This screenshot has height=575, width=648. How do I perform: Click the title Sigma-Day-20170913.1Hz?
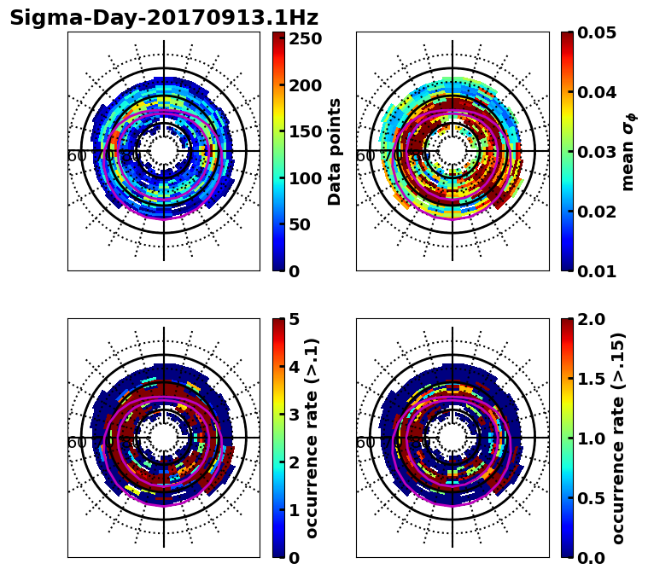164,18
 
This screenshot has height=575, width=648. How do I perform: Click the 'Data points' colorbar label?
335,151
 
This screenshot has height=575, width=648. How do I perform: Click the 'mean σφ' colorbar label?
628,151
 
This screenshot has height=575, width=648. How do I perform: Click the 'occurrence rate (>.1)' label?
312,438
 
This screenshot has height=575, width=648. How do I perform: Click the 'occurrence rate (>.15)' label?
618,438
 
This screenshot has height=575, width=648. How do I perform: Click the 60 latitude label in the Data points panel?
76,156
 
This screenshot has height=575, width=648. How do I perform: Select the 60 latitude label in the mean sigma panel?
365,156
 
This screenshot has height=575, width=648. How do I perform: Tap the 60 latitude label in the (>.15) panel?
365,443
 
